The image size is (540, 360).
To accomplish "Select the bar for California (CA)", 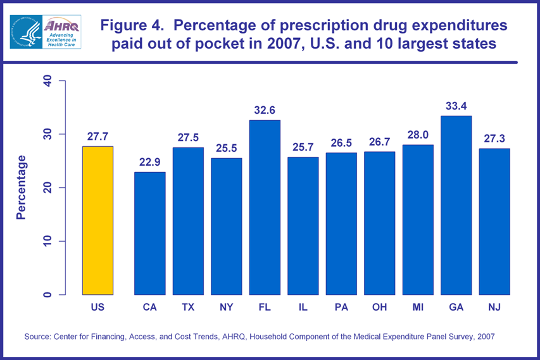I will coord(149,233).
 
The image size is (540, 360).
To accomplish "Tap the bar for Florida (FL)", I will coord(265,207).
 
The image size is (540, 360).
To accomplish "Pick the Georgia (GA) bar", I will coord(456,205).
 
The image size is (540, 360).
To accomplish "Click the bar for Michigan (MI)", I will coord(418,220).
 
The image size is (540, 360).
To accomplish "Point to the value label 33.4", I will coord(456,105).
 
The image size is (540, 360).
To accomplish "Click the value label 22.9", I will coord(149,161).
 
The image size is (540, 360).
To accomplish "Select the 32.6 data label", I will coord(265,109).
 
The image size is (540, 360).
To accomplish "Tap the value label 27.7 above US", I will coord(97,135).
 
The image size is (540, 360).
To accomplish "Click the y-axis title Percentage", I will coord(22,187).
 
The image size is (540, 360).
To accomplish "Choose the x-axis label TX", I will coord(188,307).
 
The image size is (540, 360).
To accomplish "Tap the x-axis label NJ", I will coord(494,307).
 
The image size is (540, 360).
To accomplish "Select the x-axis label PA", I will coord(341,307).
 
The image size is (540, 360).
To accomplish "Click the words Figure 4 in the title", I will coord(129,26).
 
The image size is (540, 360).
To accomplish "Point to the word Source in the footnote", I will coord(39,337).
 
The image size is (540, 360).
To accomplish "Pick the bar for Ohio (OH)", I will coord(379,223).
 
